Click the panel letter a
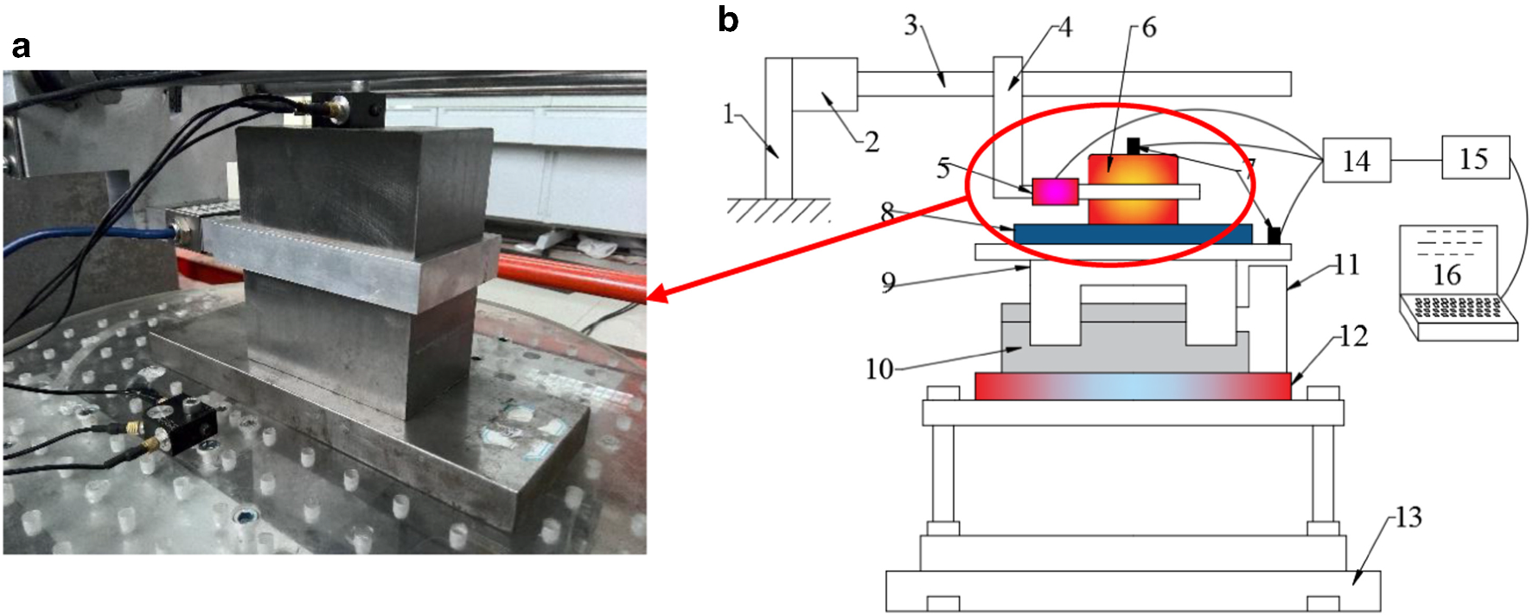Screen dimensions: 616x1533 coord(21,46)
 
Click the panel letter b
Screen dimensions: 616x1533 coord(728,19)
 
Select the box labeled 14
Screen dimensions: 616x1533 coord(1356,160)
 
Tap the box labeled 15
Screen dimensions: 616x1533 coord(1475,158)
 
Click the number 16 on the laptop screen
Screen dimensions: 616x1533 coord(1447,275)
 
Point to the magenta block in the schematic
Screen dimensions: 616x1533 coord(1055,191)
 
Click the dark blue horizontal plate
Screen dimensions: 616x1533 coord(1133,234)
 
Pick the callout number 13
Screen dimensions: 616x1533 coord(1408,517)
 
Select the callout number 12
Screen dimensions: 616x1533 coord(1353,336)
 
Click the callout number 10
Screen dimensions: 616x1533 coord(878,369)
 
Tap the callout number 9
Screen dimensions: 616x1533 coord(887,283)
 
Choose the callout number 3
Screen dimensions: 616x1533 coord(910,26)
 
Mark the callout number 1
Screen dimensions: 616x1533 coord(728,114)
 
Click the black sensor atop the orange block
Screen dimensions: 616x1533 coord(1133,146)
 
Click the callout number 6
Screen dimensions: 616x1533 coord(1148,29)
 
